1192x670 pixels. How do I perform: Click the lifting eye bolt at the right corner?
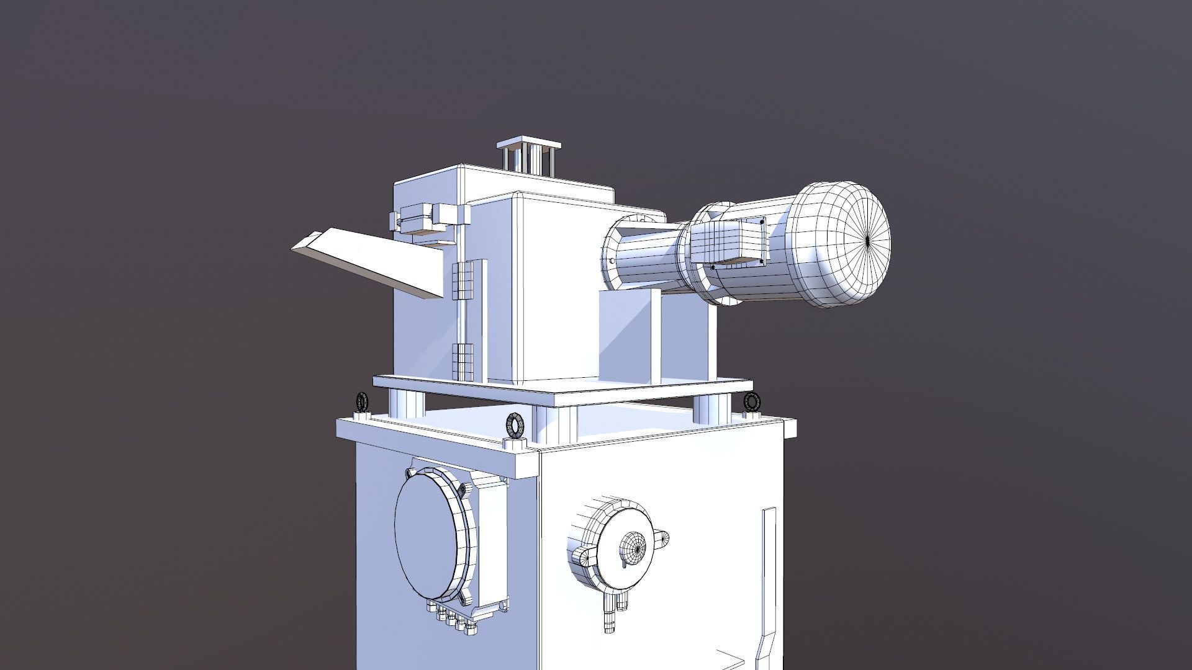752,401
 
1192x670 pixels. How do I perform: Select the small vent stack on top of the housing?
528,158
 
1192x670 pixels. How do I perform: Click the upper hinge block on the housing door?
463,280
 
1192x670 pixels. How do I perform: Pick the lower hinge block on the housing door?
463,360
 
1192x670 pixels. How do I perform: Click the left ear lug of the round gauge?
580,556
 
